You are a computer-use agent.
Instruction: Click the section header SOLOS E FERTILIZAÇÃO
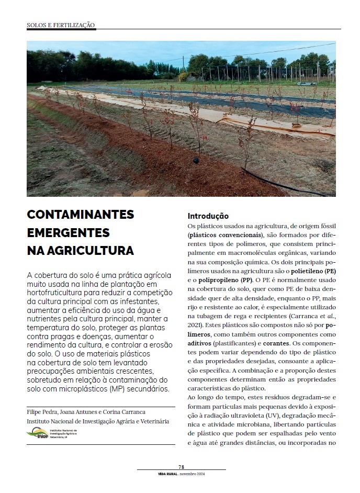(61, 25)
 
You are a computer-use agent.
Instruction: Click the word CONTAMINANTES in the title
(80, 215)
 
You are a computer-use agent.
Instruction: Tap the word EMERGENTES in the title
(68, 233)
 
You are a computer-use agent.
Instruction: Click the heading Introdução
(208, 216)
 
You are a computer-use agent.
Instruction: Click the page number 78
(181, 467)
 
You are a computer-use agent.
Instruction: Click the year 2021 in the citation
(194, 325)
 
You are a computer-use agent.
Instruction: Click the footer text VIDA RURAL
(167, 474)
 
